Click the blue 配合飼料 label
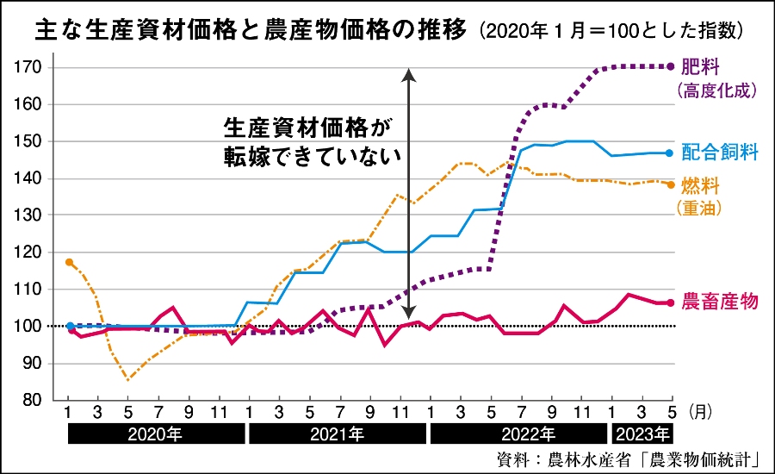pyautogui.click(x=719, y=153)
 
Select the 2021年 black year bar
pyautogui.click(x=335, y=433)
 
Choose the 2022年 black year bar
pyautogui.click(x=517, y=433)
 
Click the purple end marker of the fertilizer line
pyautogui.click(x=671, y=66)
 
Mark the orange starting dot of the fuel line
pyautogui.click(x=69, y=262)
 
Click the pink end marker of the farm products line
pyautogui.click(x=670, y=302)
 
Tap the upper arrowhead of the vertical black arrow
pyautogui.click(x=409, y=74)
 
